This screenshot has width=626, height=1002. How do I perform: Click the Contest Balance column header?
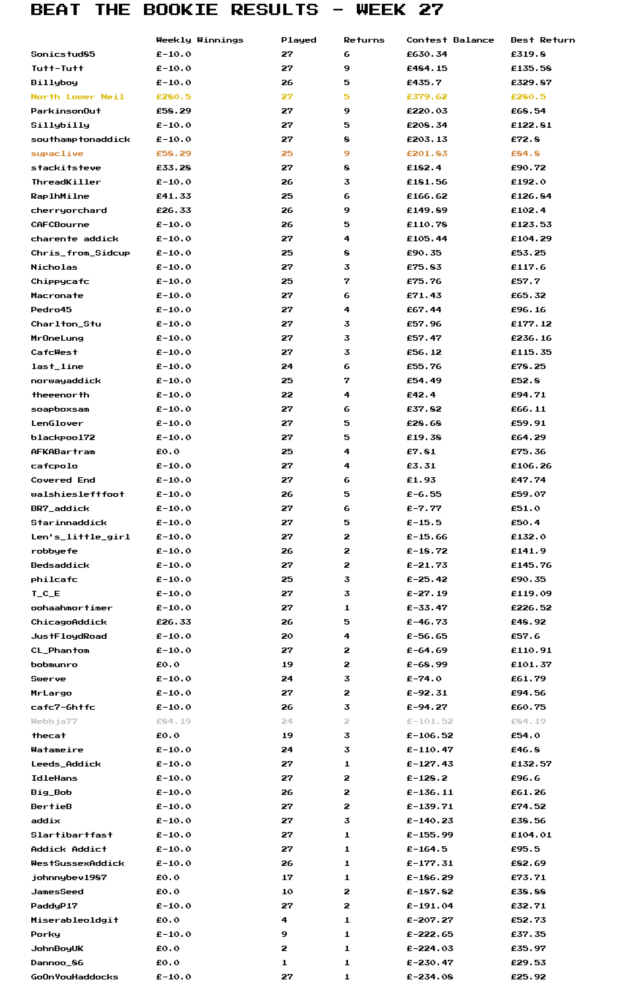point(450,40)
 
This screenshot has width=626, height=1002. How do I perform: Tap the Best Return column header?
point(543,40)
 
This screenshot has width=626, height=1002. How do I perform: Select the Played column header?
point(298,40)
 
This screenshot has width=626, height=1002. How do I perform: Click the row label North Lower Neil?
point(77,97)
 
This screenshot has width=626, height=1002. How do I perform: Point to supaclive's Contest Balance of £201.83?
point(427,154)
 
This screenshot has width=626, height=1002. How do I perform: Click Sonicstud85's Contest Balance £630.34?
point(427,54)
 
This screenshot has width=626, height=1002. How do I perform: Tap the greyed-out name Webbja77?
point(54,721)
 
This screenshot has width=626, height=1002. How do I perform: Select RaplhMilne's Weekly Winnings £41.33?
point(174,196)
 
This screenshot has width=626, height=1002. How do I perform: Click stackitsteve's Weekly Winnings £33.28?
point(174,168)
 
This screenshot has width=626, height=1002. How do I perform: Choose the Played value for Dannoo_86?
point(284,963)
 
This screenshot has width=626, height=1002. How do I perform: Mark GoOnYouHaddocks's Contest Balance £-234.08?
point(429,977)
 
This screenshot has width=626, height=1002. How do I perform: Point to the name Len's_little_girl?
point(80,537)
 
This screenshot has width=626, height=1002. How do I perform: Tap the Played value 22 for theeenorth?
point(287,395)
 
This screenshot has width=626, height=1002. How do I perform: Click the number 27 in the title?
point(431,10)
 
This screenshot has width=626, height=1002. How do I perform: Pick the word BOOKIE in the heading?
point(180,10)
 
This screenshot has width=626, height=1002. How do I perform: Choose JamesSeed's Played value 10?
point(287,892)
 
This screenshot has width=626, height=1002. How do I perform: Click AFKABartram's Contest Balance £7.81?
point(421,452)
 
